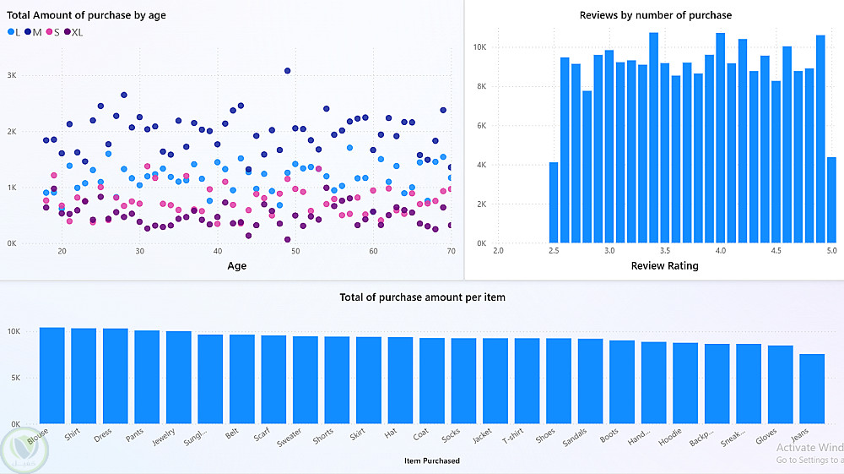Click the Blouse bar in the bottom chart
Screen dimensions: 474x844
pyautogui.click(x=52, y=375)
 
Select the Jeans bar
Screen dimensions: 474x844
pyautogui.click(x=812, y=389)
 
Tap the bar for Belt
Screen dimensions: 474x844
pyautogui.click(x=242, y=379)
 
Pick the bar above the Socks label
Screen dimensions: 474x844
pyautogui.click(x=463, y=380)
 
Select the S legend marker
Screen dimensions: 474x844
pyautogui.click(x=50, y=32)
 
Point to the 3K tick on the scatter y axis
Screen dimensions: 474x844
pyautogui.click(x=12, y=75)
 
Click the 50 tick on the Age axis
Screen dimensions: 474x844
pyautogui.click(x=295, y=252)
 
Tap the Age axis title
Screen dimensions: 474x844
pyautogui.click(x=237, y=266)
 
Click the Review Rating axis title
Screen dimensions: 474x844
pyautogui.click(x=664, y=266)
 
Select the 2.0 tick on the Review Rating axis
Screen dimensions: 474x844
pyautogui.click(x=498, y=251)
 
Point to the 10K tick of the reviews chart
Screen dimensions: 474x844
pyautogui.click(x=479, y=47)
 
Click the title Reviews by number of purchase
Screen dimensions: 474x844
pyautogui.click(x=655, y=15)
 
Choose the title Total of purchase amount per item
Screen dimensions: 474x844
pyautogui.click(x=422, y=297)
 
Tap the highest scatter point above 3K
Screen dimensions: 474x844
pyautogui.click(x=288, y=71)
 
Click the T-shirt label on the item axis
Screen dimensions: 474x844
pyautogui.click(x=513, y=439)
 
